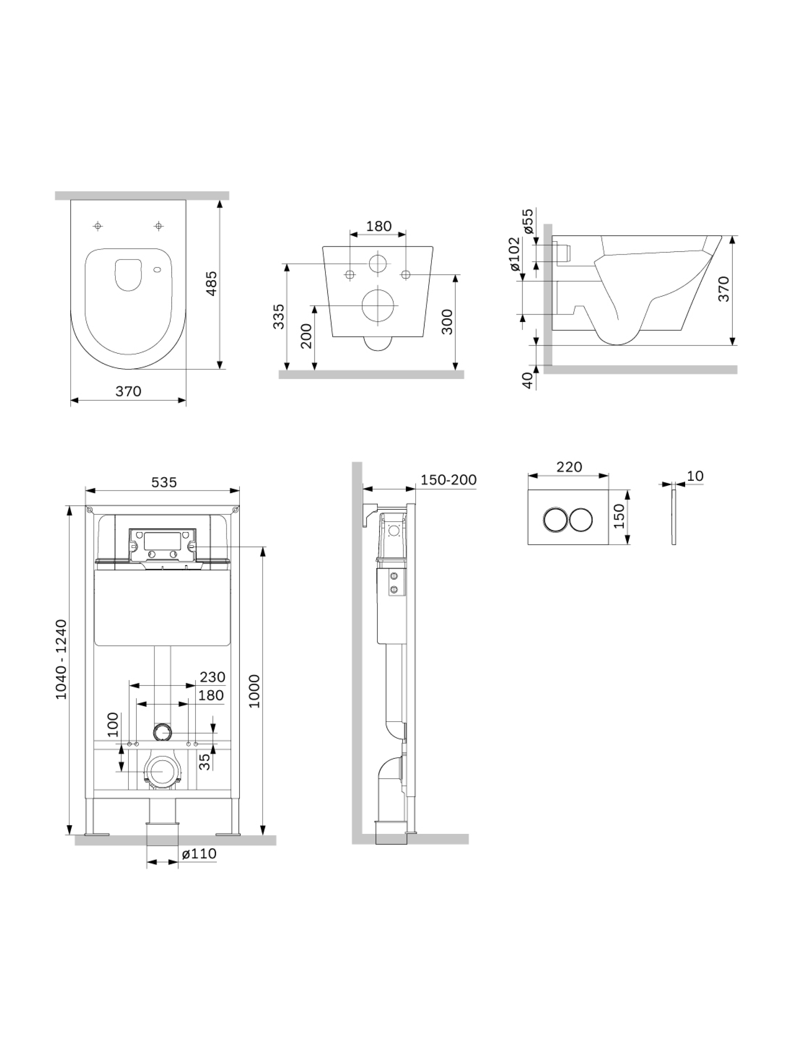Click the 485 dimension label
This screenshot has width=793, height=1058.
(x=211, y=283)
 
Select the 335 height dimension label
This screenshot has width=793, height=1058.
(x=278, y=316)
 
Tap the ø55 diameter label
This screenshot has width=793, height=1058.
(x=528, y=221)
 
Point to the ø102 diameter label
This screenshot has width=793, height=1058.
(x=514, y=254)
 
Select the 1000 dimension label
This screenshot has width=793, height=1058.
(x=254, y=691)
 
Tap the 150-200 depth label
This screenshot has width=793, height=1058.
(x=448, y=480)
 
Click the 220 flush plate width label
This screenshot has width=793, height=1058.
(x=569, y=467)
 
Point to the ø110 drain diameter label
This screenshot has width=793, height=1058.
(x=199, y=853)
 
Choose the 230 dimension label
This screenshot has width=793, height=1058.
(x=212, y=677)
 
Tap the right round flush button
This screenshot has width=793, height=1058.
(x=581, y=519)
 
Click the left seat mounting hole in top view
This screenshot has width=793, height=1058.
(x=98, y=226)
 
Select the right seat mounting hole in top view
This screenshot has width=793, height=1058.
(x=158, y=226)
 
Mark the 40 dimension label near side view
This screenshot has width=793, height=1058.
(x=527, y=380)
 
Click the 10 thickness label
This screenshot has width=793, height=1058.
(x=695, y=476)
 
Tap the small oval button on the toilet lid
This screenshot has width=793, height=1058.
(x=157, y=270)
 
